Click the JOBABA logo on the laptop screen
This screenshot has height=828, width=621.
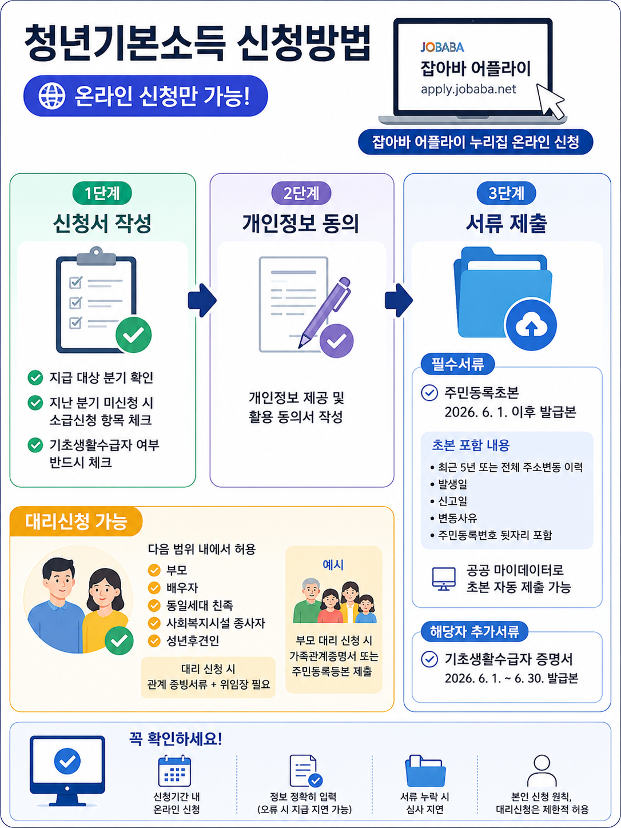pyautogui.click(x=442, y=47)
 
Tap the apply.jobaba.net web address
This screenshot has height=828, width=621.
pyautogui.click(x=468, y=89)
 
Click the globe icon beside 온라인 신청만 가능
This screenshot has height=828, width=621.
pyautogui.click(x=52, y=96)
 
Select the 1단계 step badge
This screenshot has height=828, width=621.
pyautogui.click(x=102, y=193)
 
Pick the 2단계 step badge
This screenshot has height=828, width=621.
pyautogui.click(x=301, y=193)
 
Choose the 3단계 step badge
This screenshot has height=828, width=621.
pyautogui.click(x=507, y=193)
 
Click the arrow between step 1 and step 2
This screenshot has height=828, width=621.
pyautogui.click(x=202, y=300)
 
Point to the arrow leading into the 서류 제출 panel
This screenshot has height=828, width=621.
pyautogui.click(x=399, y=300)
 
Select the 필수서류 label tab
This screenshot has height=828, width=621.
pyautogui.click(x=457, y=364)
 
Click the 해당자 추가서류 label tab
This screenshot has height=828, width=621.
pyautogui.click(x=475, y=631)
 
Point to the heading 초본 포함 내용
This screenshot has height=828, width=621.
pyautogui.click(x=471, y=445)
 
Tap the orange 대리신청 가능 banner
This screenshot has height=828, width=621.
pyautogui.click(x=76, y=522)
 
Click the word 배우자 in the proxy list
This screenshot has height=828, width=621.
pyautogui.click(x=182, y=588)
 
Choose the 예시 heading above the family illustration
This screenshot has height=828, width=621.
pyautogui.click(x=333, y=565)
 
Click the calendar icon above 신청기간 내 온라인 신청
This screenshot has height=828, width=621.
pyautogui.click(x=174, y=771)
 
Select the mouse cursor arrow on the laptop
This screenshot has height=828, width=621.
pyautogui.click(x=551, y=101)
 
